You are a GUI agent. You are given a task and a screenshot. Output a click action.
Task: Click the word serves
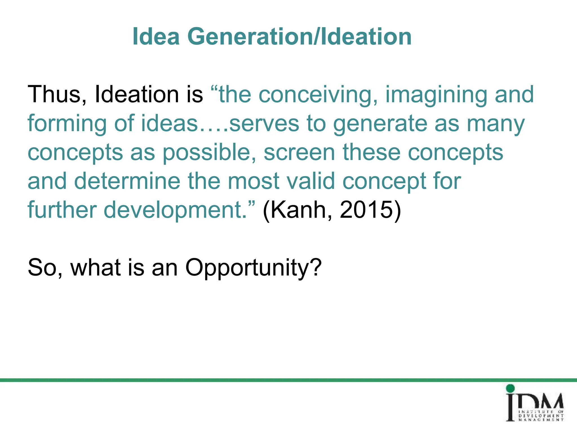coord(264,123)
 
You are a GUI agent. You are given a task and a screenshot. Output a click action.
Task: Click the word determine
coord(127,181)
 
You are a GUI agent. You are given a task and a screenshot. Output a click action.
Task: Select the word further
coord(62,210)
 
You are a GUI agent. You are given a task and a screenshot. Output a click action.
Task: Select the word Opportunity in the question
coord(253,268)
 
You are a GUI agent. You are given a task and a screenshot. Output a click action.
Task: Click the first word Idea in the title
coord(156,37)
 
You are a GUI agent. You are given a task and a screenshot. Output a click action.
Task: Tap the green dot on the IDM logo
coord(510,388)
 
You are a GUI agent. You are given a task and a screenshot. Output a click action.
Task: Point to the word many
coord(496,123)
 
